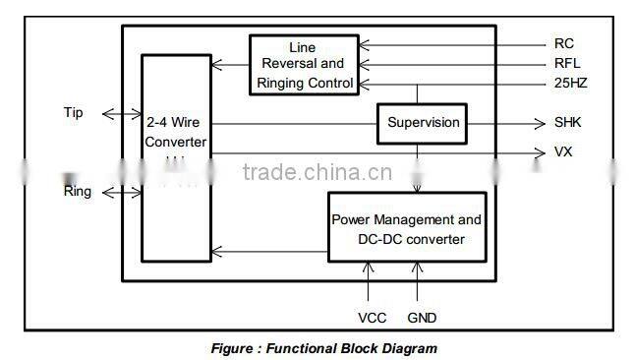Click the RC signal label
click(x=563, y=44)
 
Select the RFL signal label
click(x=566, y=64)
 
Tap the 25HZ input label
click(x=570, y=84)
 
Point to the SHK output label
click(x=568, y=123)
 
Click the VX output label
click(x=563, y=152)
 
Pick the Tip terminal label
click(x=74, y=113)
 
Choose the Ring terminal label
click(x=78, y=191)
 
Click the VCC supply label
click(x=373, y=318)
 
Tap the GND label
click(x=422, y=318)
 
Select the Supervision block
click(x=423, y=123)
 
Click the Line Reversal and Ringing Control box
click(x=304, y=65)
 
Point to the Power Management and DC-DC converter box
click(x=406, y=229)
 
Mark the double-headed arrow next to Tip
click(x=121, y=114)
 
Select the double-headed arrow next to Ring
click(x=121, y=191)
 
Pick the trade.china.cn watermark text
click(x=317, y=174)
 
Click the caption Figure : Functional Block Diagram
click(x=324, y=348)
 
